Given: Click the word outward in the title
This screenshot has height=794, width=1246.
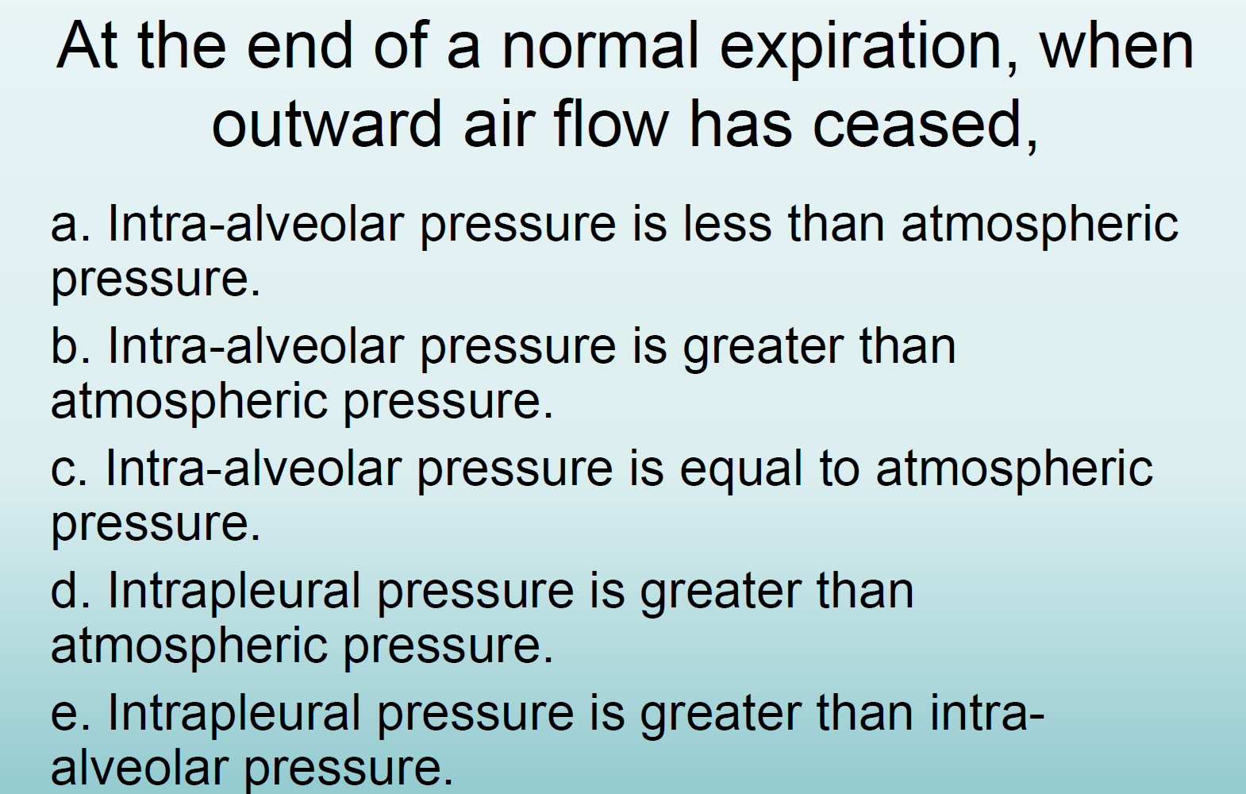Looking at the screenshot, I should (x=326, y=125).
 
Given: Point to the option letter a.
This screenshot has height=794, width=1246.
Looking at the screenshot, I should (x=65, y=225).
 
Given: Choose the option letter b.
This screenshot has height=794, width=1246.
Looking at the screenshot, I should (x=65, y=347).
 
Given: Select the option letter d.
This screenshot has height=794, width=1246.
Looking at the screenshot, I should (x=65, y=592).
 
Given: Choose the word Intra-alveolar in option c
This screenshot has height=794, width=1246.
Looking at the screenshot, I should (x=253, y=468).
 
